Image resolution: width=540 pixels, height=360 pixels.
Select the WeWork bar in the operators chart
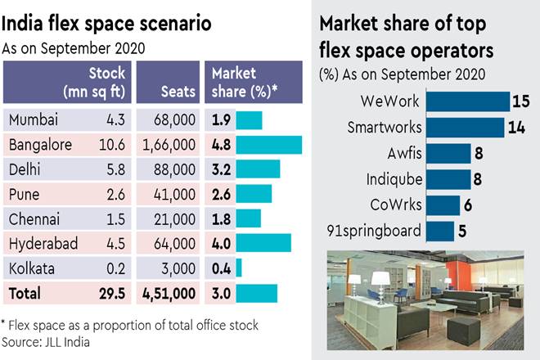[469, 102]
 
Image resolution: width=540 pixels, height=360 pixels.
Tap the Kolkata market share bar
[239, 268]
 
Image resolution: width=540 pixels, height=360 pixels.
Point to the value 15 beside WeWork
[520, 102]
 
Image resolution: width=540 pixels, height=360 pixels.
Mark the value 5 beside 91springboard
[462, 230]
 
